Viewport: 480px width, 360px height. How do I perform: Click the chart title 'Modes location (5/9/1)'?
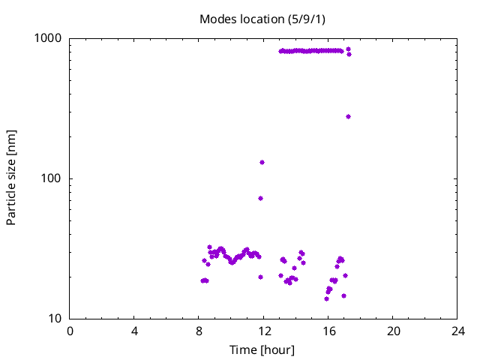pos(262,19)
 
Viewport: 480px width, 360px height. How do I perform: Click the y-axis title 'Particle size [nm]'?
pos(11,178)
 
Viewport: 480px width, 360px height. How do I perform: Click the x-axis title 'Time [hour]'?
pos(262,350)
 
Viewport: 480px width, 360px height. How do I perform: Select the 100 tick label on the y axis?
pos(52,178)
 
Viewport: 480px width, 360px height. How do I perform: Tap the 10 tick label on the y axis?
pos(55,319)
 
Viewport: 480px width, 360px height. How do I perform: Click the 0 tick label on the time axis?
pos(70,331)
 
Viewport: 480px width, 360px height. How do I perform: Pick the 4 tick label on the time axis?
pos(135,331)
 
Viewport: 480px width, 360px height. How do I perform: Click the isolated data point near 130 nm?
pos(262,162)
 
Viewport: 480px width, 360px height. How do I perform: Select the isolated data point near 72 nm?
pos(260,198)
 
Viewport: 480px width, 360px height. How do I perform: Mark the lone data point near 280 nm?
pos(348,116)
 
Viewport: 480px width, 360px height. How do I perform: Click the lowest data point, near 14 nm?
pos(326,298)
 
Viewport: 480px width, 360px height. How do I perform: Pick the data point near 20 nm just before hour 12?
pos(260,277)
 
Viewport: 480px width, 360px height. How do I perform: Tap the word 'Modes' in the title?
pos(218,19)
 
